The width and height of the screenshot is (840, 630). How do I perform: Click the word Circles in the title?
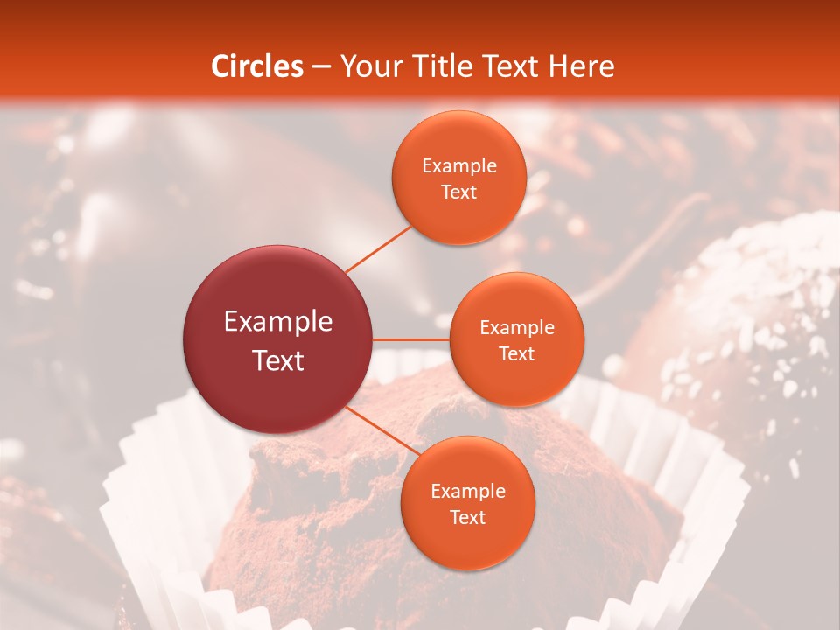pos(257,66)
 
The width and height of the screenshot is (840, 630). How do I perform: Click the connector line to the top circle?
pos(378,248)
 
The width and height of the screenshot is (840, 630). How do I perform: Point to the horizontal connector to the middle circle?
pos(411,339)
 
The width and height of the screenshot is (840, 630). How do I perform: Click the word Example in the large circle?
pos(278,322)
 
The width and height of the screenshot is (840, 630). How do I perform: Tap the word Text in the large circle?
pos(278,360)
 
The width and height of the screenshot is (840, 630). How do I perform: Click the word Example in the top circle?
pos(459,166)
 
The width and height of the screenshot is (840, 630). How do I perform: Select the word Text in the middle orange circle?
pos(517,354)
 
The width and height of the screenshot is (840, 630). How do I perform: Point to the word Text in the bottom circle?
pos(468,518)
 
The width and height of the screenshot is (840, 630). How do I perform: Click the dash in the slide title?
pos(321,66)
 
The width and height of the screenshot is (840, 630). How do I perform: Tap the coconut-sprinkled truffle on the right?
pos(744,324)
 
